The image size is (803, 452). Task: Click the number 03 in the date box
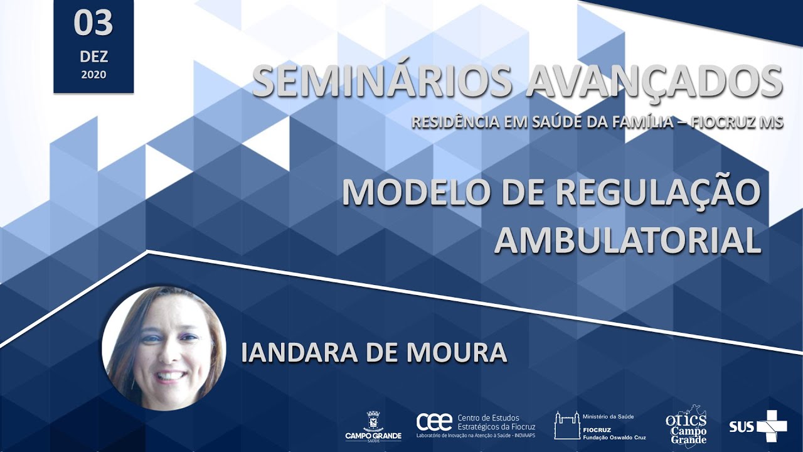tap(93, 24)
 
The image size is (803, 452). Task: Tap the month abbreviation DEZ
tap(93, 56)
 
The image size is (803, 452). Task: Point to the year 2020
tap(93, 75)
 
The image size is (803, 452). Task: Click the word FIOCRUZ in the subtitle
tap(720, 122)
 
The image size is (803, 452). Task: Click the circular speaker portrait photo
tap(164, 348)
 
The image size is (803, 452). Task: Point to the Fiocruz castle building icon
tap(565, 425)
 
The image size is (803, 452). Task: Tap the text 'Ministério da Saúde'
tap(608, 416)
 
